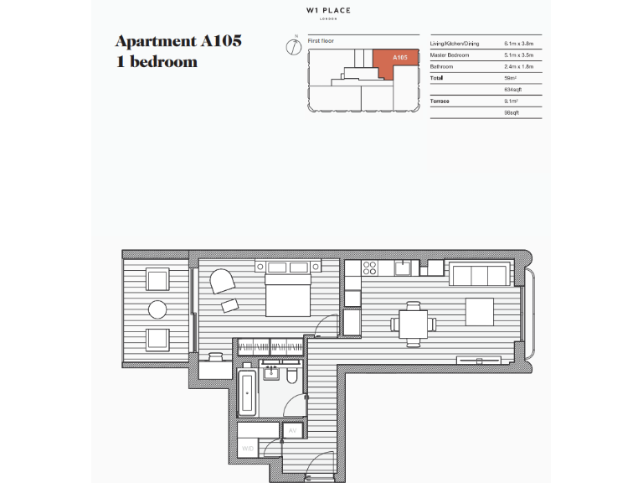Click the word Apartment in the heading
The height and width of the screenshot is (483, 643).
[155, 41]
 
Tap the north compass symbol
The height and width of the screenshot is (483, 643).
[293, 46]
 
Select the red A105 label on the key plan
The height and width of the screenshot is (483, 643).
[400, 57]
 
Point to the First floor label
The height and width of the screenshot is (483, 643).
[320, 40]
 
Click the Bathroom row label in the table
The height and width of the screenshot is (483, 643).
[443, 66]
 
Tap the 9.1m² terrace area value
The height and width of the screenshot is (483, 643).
[512, 101]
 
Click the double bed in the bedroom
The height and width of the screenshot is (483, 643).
[289, 290]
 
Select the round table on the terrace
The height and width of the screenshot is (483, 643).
[157, 309]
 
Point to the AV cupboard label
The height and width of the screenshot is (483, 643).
[292, 430]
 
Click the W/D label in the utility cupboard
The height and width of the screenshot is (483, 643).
[248, 449]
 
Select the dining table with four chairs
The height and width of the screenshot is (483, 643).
[412, 321]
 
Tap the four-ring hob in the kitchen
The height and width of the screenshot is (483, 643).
[369, 268]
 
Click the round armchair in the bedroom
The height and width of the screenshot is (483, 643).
[222, 280]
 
